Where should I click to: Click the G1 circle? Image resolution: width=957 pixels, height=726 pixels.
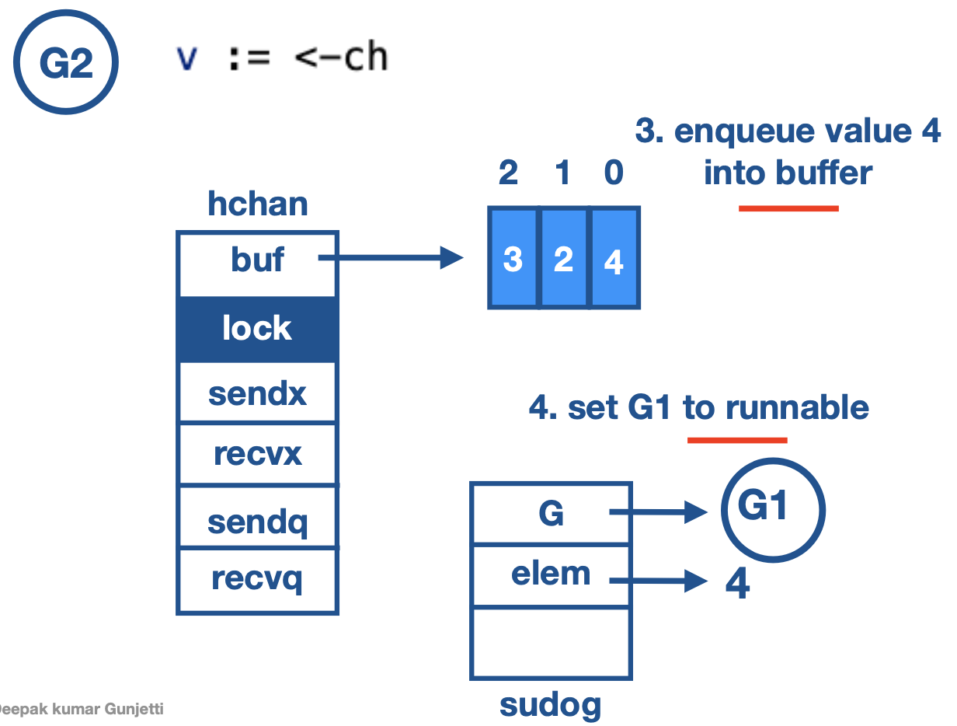[x=773, y=509]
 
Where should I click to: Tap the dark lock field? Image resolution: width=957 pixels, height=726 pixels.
[x=257, y=329]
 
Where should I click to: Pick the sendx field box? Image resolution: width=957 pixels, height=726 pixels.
[x=257, y=393]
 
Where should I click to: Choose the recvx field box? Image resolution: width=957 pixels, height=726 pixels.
[x=257, y=454]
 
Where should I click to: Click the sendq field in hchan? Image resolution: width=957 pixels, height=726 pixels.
[x=257, y=519]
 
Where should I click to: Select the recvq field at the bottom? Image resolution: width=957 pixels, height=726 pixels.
[x=257, y=581]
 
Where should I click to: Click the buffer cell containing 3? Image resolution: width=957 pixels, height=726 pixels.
[x=513, y=258]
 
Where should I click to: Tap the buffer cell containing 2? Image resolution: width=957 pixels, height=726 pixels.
[x=563, y=258]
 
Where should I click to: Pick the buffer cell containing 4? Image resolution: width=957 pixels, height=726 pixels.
[x=614, y=258]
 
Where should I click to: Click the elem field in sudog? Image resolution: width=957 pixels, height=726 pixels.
[x=551, y=576]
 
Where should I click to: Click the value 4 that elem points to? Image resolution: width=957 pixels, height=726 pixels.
[x=737, y=583]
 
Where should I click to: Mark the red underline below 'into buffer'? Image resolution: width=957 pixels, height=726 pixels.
[x=788, y=208]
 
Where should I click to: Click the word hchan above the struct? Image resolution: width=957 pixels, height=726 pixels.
[x=257, y=204]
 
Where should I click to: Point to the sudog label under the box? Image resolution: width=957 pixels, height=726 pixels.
[x=550, y=704]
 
